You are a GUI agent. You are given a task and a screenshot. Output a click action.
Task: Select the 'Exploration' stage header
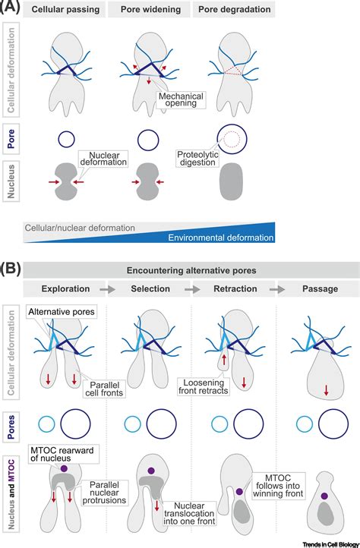click(x=66, y=289)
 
